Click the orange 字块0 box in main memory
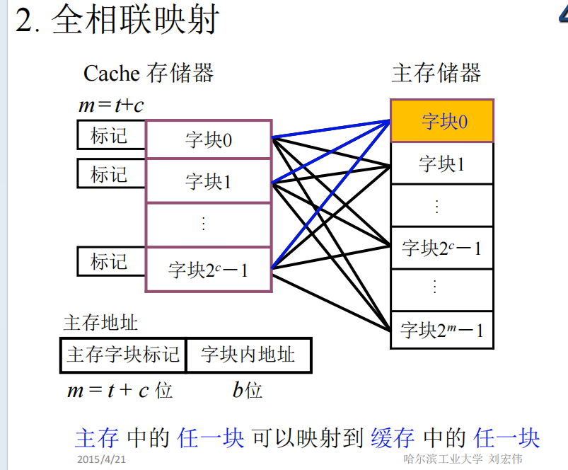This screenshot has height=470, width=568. coord(442,121)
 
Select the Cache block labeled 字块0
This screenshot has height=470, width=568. coord(209,140)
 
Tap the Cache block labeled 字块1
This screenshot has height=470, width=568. coord(209,181)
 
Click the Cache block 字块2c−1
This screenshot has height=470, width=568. coord(209,269)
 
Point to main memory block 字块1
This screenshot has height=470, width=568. coord(442,164)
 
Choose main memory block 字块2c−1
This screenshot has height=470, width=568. coord(442,248)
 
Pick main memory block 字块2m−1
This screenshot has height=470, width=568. coord(442,330)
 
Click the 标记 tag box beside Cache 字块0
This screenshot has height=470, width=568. coord(110,135)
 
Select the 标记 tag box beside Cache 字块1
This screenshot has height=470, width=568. coord(110,174)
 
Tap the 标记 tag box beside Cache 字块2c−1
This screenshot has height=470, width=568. coord(110,261)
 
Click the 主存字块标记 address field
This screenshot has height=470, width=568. coord(123,355)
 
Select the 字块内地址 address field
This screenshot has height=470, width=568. coord(248,355)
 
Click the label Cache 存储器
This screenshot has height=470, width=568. coord(149,73)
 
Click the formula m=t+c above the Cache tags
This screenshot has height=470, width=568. coord(111,106)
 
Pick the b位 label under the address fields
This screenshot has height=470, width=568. coord(247,390)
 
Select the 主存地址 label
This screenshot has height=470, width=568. coord(100,323)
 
